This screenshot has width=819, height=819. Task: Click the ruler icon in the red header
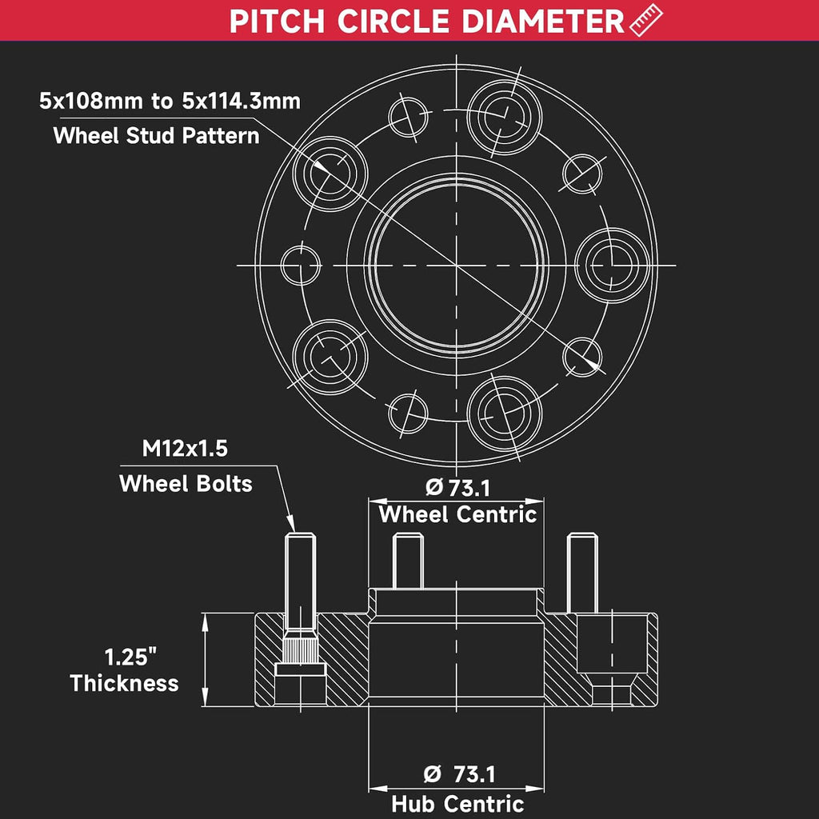pyautogui.click(x=646, y=20)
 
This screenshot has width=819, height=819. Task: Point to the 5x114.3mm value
pyautogui.click(x=242, y=101)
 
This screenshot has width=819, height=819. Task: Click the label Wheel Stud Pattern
pyautogui.click(x=156, y=136)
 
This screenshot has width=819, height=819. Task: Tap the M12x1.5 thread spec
pyautogui.click(x=185, y=449)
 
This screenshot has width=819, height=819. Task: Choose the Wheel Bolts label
pyautogui.click(x=186, y=484)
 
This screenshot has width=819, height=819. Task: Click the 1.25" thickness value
pyautogui.click(x=130, y=657)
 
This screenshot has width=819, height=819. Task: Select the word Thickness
pyautogui.click(x=124, y=683)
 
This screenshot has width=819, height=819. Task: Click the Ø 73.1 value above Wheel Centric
pyautogui.click(x=458, y=488)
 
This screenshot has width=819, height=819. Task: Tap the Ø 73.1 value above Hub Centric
pyautogui.click(x=459, y=773)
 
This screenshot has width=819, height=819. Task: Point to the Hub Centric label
pyautogui.click(x=457, y=803)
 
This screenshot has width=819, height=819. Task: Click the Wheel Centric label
pyautogui.click(x=457, y=514)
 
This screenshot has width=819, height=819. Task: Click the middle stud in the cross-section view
pyautogui.click(x=408, y=561)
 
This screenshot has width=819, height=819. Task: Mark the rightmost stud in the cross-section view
pyautogui.click(x=582, y=573)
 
